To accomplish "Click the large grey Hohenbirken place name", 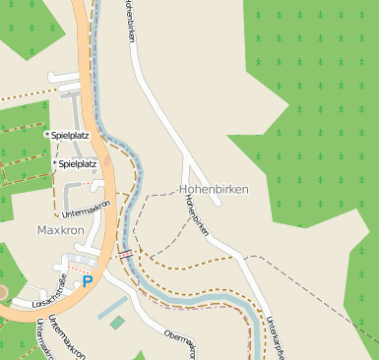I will (x=214, y=188).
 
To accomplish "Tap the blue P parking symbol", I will (x=88, y=281).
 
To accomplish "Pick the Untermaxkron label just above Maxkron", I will (x=86, y=203).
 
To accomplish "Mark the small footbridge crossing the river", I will (x=125, y=253).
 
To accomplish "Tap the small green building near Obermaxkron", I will (x=117, y=323).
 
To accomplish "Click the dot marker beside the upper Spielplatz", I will (x=46, y=132).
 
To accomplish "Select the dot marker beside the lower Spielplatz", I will (x=54, y=164).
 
